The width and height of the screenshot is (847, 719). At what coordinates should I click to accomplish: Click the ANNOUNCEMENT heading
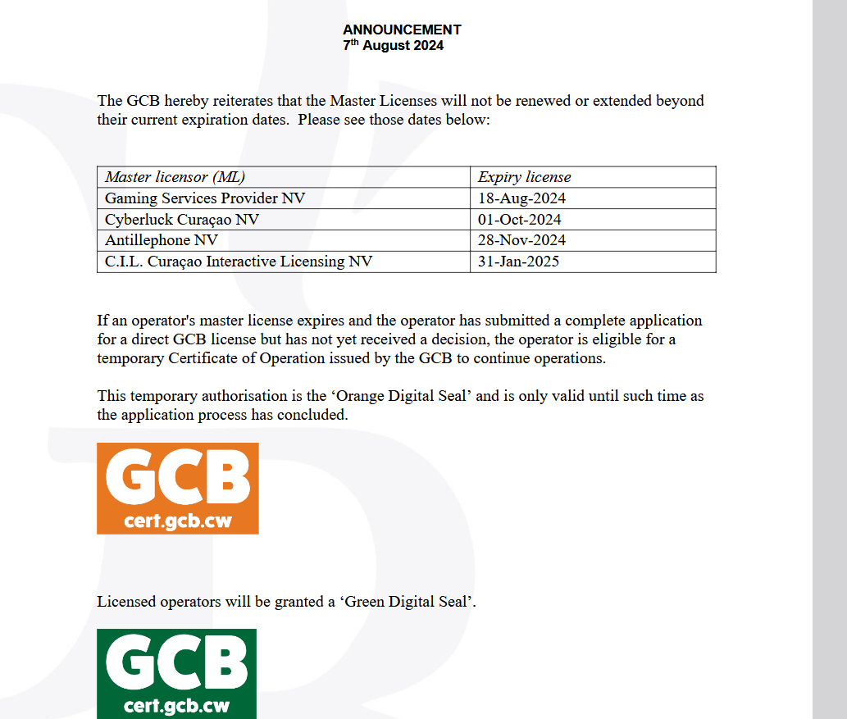pos(402,30)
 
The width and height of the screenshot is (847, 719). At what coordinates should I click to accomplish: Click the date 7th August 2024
pos(393,46)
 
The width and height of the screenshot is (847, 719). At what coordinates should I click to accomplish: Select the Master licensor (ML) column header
pos(175,177)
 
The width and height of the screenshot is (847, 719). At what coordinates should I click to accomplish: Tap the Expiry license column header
pos(524,177)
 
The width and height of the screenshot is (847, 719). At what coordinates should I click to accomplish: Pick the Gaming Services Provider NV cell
pos(205,198)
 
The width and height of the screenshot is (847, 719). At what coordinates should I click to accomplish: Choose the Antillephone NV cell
pos(162,241)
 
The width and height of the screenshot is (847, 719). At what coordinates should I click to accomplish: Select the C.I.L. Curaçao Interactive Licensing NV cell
pos(239,262)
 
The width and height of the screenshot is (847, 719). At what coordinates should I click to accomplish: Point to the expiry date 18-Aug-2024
pos(521,198)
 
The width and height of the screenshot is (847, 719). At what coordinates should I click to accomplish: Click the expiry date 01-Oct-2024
pos(520,220)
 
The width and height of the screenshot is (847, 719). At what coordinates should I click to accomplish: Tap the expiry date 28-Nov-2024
pos(521,241)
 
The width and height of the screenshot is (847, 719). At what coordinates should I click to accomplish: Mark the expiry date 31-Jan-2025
pos(519,262)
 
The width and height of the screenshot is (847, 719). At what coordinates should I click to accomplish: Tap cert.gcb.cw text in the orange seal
pos(177,521)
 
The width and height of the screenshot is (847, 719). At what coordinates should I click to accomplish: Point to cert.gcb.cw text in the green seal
pos(176,706)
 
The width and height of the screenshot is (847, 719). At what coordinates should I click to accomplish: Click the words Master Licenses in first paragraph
pos(383,102)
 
